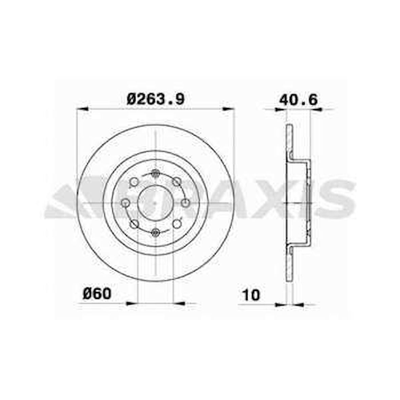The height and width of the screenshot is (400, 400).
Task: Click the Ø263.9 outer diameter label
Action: pos(156,100)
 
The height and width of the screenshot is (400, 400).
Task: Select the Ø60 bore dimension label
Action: pos(97,293)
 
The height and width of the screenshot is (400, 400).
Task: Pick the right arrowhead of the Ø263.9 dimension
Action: pos(228,109)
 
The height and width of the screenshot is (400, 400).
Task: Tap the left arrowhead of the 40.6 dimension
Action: pos(281,109)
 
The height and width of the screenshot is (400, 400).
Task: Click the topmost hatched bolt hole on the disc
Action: pos(156,174)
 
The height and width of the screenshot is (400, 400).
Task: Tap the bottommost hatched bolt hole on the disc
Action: pos(156,232)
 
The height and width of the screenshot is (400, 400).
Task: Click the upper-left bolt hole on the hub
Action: pos(134,182)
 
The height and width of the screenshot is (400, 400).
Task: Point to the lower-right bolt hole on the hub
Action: pos(177,224)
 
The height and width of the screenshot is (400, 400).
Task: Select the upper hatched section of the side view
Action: pos(289,142)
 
